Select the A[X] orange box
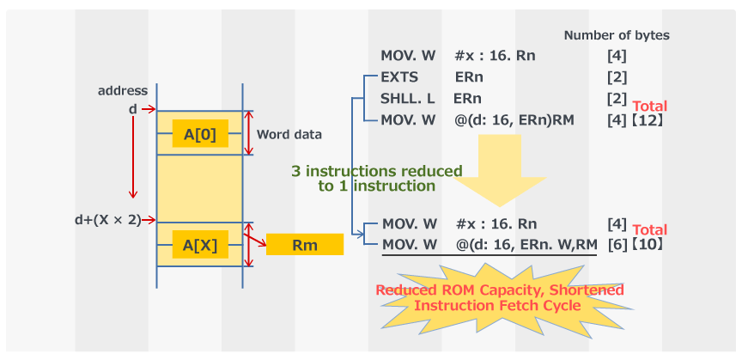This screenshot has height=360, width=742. click(x=200, y=245)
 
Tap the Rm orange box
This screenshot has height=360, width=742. click(x=304, y=245)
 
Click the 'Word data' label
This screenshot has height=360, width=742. click(x=290, y=134)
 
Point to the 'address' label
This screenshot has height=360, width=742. click(x=123, y=90)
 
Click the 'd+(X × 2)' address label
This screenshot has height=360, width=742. click(x=107, y=219)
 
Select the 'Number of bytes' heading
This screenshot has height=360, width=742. click(x=617, y=35)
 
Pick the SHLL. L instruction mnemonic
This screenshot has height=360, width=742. click(x=407, y=98)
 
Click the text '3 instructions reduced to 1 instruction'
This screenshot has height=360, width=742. click(x=376, y=178)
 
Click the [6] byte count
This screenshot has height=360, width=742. click(x=617, y=245)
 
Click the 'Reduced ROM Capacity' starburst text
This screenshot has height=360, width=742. click(x=500, y=297)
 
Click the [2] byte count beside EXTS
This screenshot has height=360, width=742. click(x=617, y=77)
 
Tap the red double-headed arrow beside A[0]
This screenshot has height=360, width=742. click(x=249, y=133)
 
